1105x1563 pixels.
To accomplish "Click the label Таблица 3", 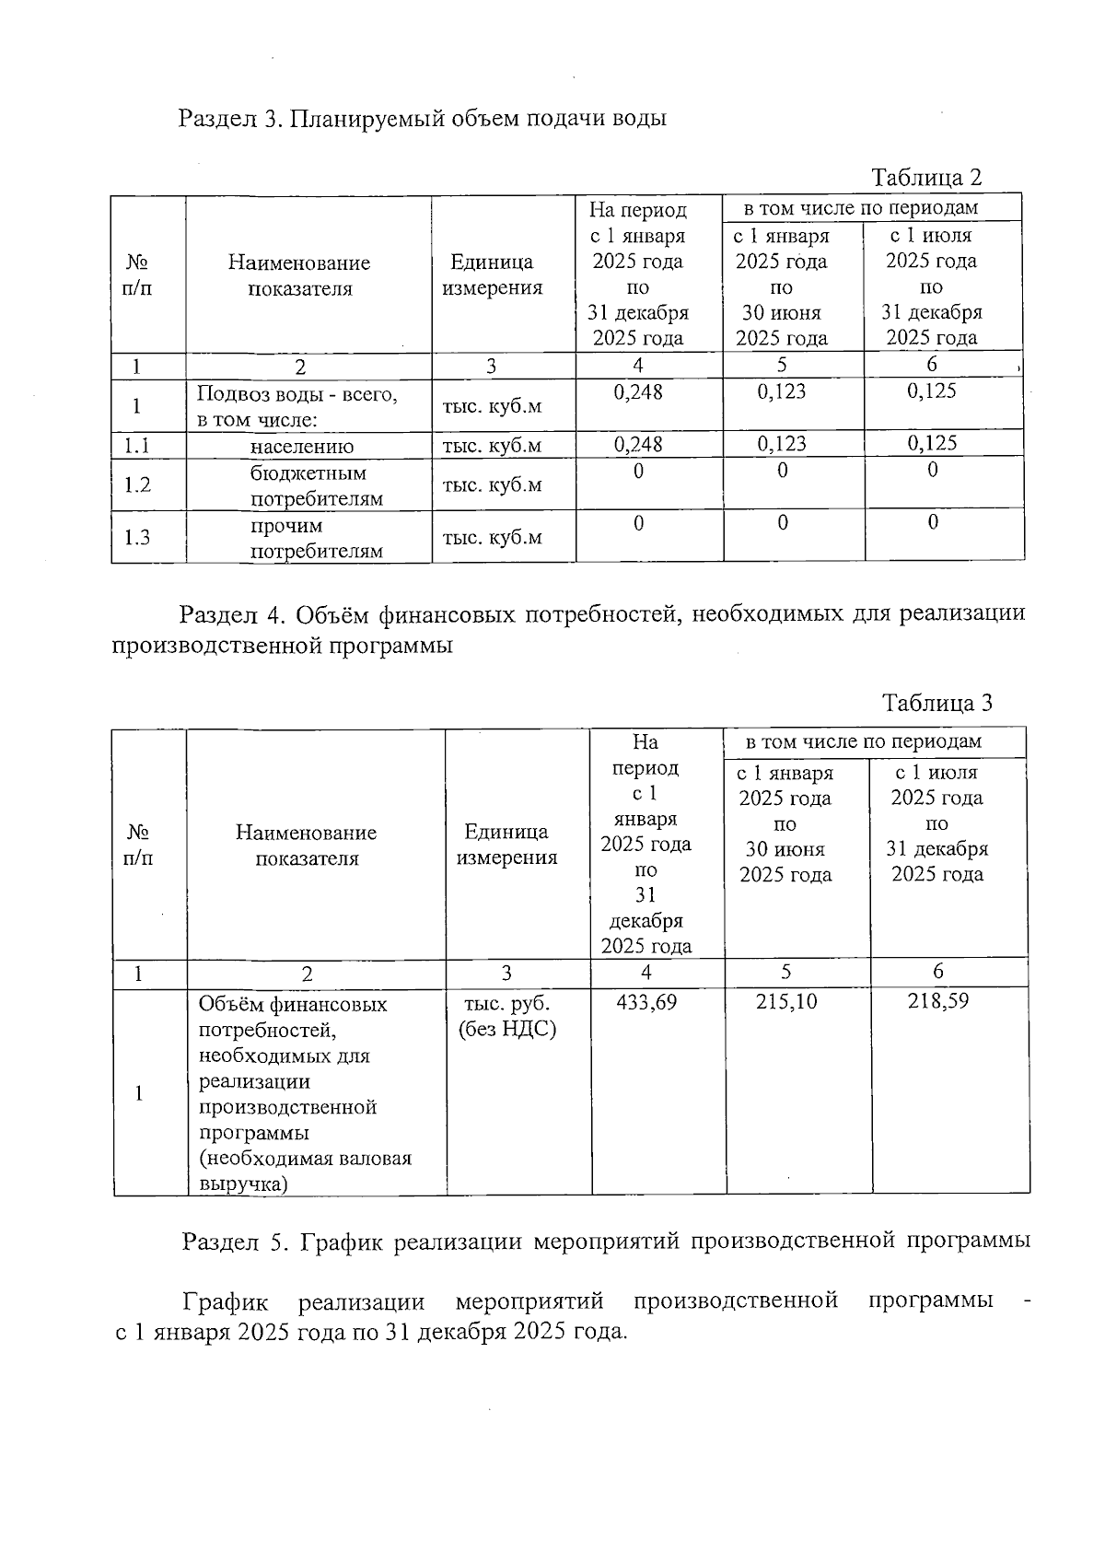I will coord(937,704).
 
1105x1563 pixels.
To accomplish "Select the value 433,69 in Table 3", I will coord(646,1002).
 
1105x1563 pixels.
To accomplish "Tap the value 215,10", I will coord(786,1002).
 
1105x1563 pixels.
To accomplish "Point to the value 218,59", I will coord(938,1001).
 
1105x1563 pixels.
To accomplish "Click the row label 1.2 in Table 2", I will coord(137,484).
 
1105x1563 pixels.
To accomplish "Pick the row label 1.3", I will coord(137,538).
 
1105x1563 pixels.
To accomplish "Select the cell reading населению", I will coord(302,447).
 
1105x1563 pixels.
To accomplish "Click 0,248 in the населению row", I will coord(638,445).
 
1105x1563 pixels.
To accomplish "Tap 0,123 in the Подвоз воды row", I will coord(782,391).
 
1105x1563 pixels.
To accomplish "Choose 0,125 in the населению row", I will coord(932,444).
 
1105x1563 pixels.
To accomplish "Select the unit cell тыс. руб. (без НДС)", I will coord(507,1015).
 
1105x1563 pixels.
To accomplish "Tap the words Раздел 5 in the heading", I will coord(236,1242).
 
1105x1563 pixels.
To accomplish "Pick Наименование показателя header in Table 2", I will coord(299,275).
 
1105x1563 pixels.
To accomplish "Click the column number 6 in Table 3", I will coord(938,972).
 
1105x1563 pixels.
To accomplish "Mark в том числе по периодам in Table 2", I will coord(861,208).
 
